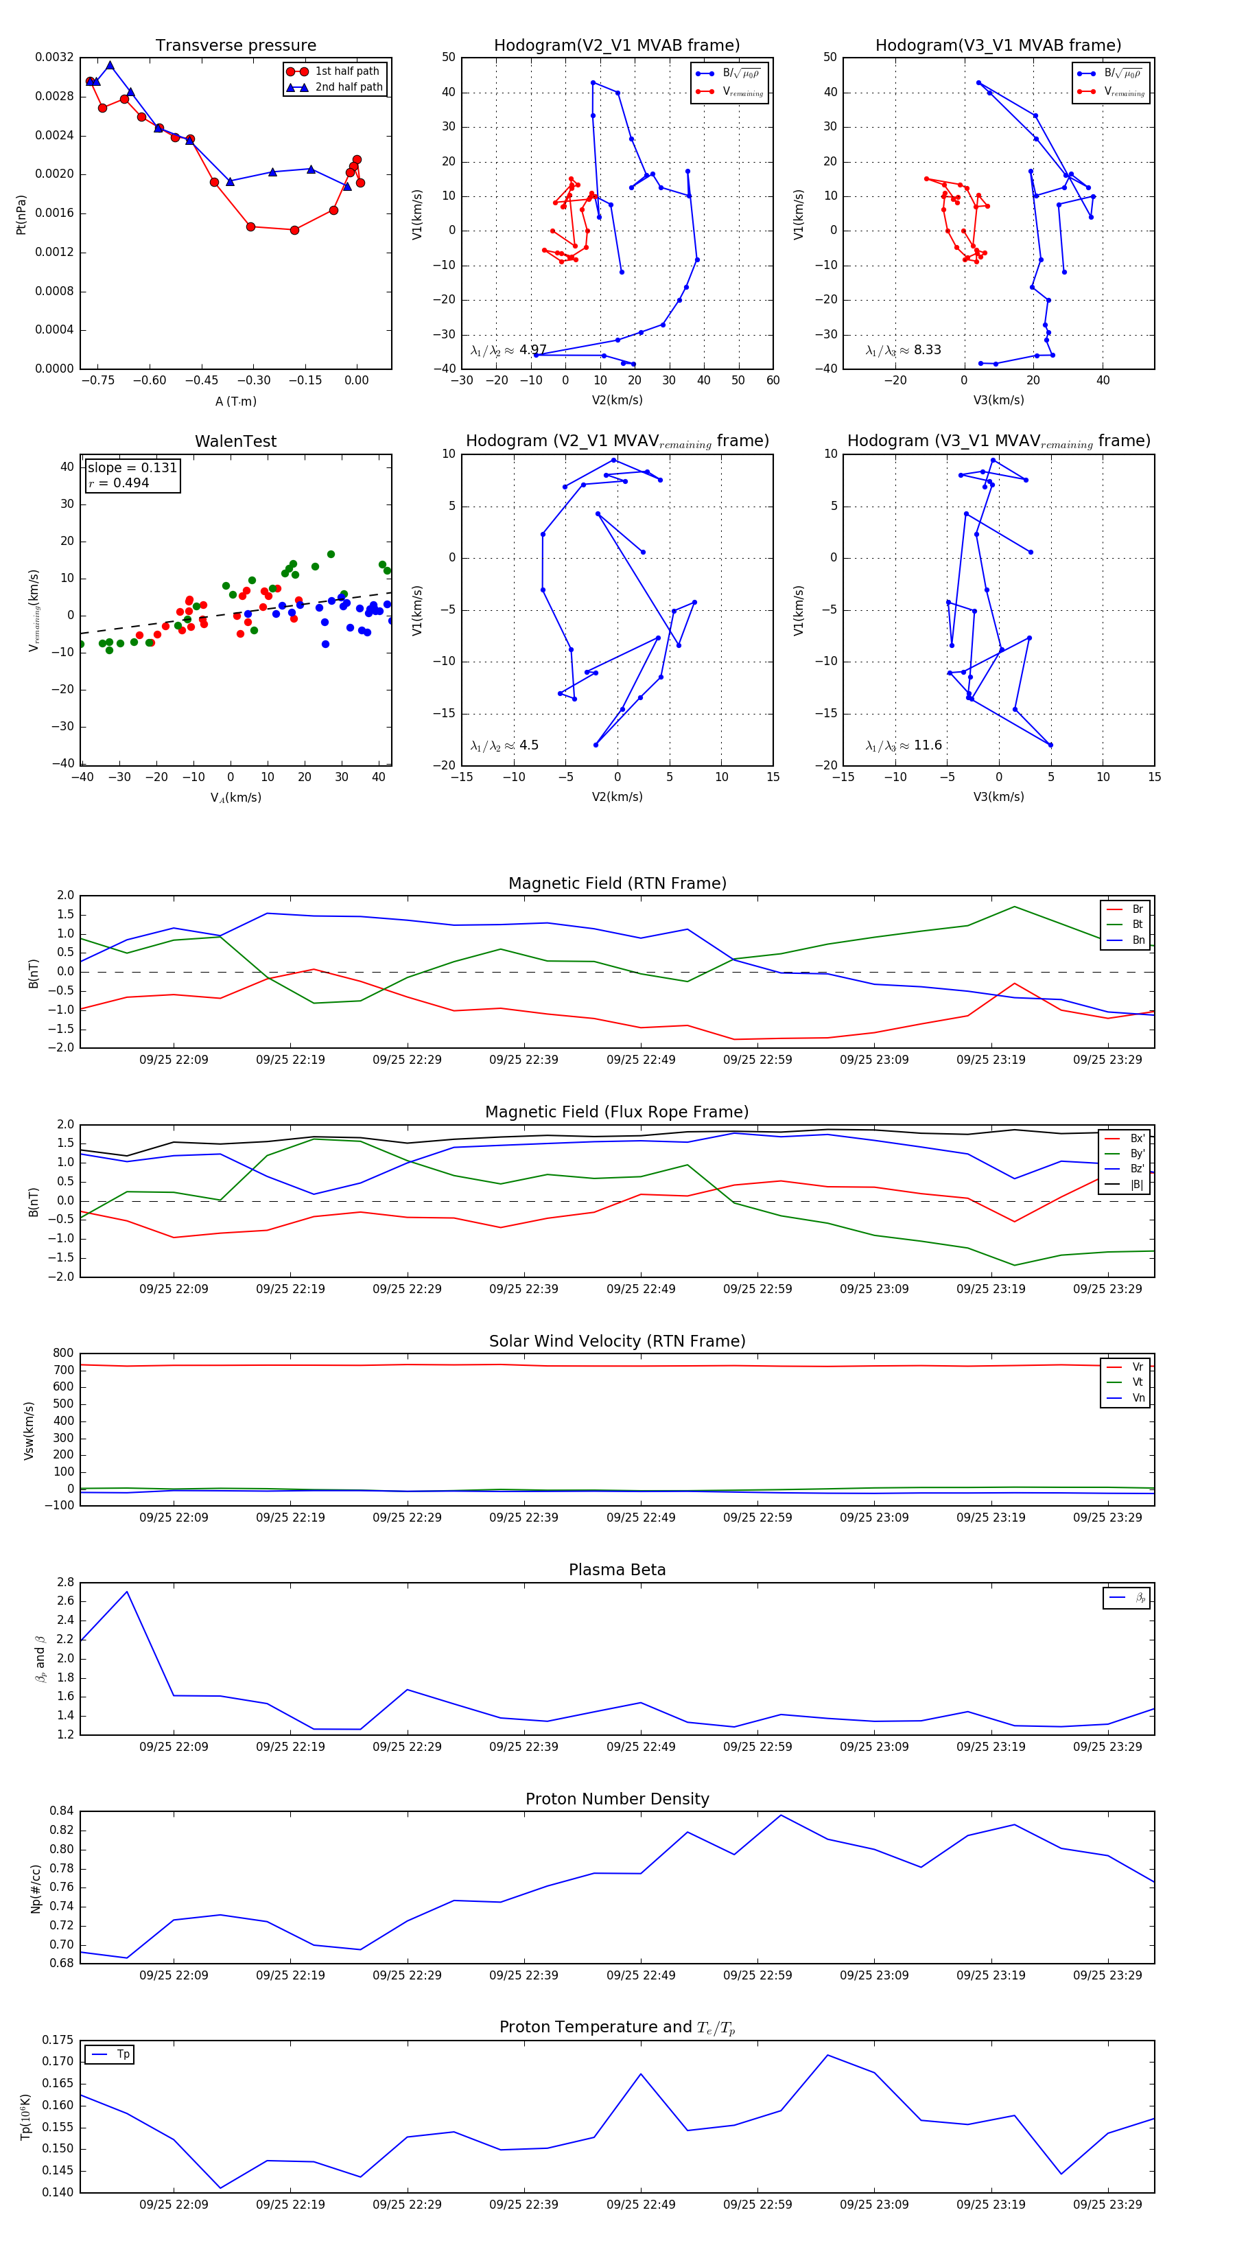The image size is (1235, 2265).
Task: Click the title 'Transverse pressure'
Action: click(235, 46)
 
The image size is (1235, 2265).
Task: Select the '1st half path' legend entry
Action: click(346, 71)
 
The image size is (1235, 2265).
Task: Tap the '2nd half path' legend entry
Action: click(348, 87)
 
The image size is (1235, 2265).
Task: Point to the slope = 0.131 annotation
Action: click(132, 468)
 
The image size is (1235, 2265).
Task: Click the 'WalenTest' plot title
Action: click(235, 441)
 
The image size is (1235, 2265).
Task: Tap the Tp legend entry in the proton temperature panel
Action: click(122, 2055)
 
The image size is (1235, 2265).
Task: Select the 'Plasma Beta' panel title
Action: click(617, 1570)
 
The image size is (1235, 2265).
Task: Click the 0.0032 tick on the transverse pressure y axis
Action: click(54, 57)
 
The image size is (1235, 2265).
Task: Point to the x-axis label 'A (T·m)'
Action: click(235, 401)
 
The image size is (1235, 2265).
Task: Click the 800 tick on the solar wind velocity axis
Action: click(63, 1354)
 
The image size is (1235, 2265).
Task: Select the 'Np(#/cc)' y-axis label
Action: click(35, 1887)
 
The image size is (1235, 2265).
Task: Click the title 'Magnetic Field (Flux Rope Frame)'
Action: click(617, 1113)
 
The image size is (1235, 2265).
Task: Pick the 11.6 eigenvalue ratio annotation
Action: click(928, 745)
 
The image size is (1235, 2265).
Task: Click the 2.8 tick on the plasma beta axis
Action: click(65, 1583)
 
